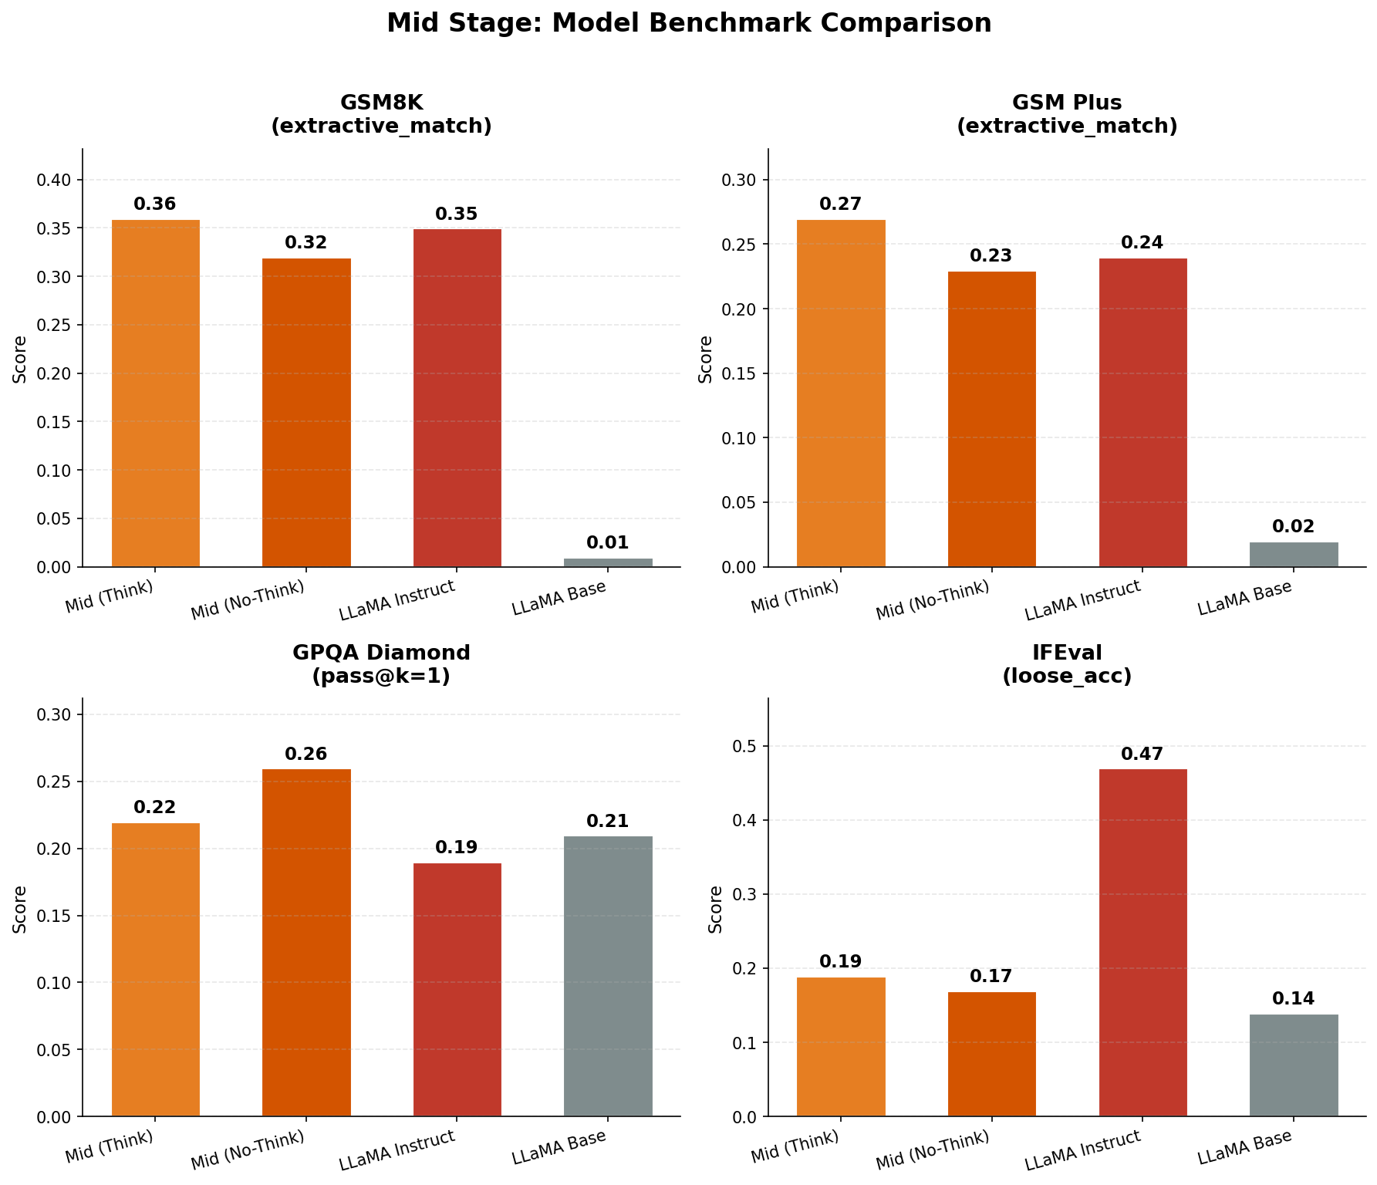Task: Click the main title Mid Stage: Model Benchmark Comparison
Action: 688,23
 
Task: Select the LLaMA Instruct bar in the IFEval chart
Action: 1142,941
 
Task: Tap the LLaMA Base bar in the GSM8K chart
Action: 608,562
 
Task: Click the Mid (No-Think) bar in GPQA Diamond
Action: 306,941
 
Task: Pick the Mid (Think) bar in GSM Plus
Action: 841,393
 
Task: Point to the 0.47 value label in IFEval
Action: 1142,755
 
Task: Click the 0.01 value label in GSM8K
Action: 608,543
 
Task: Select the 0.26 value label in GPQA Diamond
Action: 306,755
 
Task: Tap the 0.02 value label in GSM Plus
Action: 1293,527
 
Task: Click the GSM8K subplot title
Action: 381,114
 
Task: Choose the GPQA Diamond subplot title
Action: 381,664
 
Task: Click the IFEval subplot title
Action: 1067,664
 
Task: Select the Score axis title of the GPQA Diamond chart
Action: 20,909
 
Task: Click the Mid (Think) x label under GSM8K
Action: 110,596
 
